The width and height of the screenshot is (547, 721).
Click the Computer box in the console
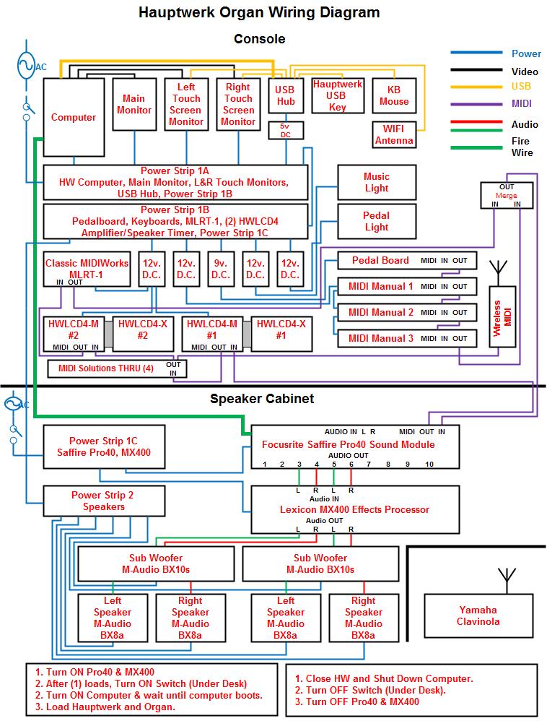tap(74, 117)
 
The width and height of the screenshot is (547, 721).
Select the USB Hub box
tap(286, 95)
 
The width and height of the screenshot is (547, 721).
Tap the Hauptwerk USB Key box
tap(337, 95)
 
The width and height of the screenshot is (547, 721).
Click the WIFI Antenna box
tap(394, 134)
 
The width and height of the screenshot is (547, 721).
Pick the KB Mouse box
tap(394, 95)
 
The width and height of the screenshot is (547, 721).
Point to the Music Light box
tap(376, 182)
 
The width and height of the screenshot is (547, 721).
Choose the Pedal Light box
tap(376, 221)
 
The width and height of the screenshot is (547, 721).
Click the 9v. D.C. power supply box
tap(221, 269)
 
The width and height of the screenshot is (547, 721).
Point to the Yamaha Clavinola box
tap(478, 616)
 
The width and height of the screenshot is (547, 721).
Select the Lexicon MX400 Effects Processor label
tap(354, 509)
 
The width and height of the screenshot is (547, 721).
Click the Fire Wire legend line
tap(476, 147)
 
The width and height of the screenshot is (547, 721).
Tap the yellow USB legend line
tap(476, 85)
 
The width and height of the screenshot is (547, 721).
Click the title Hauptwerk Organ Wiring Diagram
tap(259, 12)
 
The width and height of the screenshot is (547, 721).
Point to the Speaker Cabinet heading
tap(262, 398)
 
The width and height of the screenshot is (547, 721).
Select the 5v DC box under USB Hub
tap(286, 130)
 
